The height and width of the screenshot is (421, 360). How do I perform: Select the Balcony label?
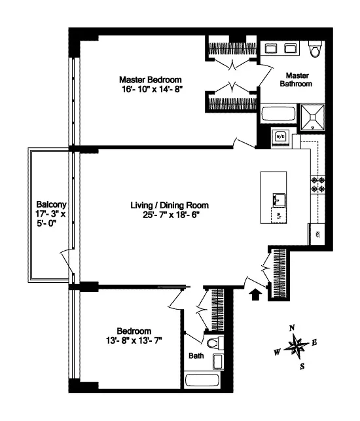point(50,204)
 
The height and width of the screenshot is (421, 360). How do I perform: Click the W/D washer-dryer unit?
point(280,136)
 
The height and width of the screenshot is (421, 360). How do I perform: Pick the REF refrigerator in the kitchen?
point(318,234)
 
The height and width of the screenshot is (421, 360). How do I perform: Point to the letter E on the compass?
point(315,342)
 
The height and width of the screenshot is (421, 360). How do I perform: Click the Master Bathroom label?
point(296,79)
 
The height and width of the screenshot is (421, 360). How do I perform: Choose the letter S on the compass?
point(302,366)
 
